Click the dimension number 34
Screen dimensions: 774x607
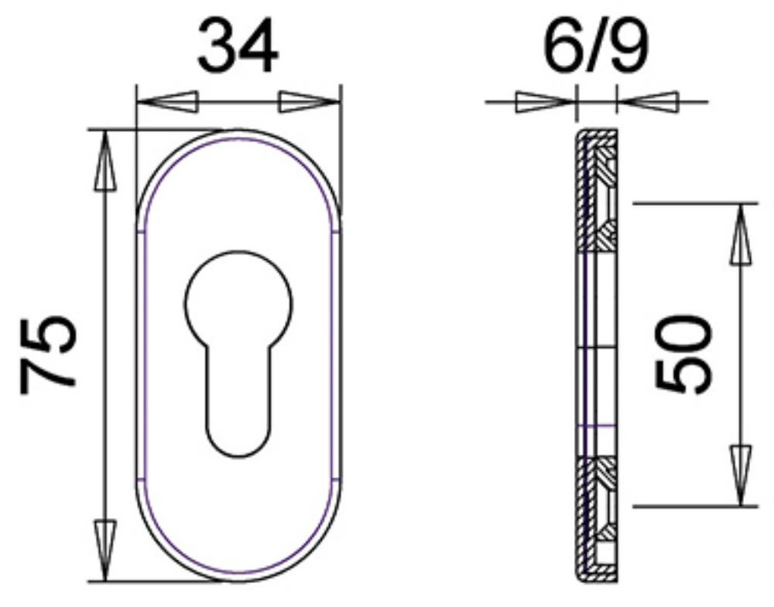238,46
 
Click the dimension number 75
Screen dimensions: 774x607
48,356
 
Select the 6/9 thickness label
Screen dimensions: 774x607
596,46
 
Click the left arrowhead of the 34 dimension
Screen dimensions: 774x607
167,101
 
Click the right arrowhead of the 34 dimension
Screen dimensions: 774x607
310,101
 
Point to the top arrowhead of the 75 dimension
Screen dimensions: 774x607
105,161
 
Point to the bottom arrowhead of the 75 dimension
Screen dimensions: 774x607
105,551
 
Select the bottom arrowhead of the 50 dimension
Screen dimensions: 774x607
741,476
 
